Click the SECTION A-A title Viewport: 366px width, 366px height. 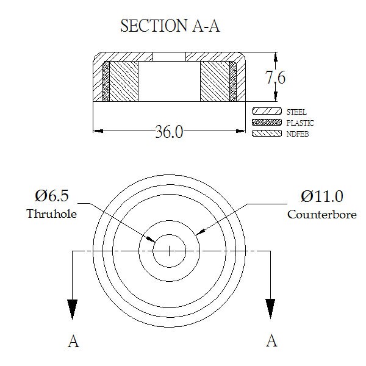(x=170, y=26)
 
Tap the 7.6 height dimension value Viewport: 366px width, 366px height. (x=276, y=77)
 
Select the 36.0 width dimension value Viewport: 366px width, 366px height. (x=169, y=132)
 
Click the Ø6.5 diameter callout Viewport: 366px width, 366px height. (x=52, y=196)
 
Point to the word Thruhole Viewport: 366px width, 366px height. (x=52, y=213)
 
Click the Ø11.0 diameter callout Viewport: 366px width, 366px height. (x=322, y=196)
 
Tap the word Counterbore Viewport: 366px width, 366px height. (x=322, y=215)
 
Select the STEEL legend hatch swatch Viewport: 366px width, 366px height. (x=267, y=111)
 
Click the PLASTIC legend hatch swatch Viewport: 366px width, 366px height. (x=267, y=123)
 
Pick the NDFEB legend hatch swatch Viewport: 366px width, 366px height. (x=267, y=133)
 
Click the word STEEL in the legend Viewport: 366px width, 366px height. (x=296, y=112)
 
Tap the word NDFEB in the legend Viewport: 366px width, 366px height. (x=298, y=134)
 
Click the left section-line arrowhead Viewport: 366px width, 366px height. (x=73, y=309)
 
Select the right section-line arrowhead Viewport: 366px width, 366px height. (x=270, y=309)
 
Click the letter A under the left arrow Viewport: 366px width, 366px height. (x=73, y=341)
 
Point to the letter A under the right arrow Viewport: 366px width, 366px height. (x=271, y=341)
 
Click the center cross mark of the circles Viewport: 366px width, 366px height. (x=169, y=251)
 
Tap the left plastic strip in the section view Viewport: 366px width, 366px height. (x=106, y=82)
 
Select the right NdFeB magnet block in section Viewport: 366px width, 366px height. (x=215, y=82)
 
